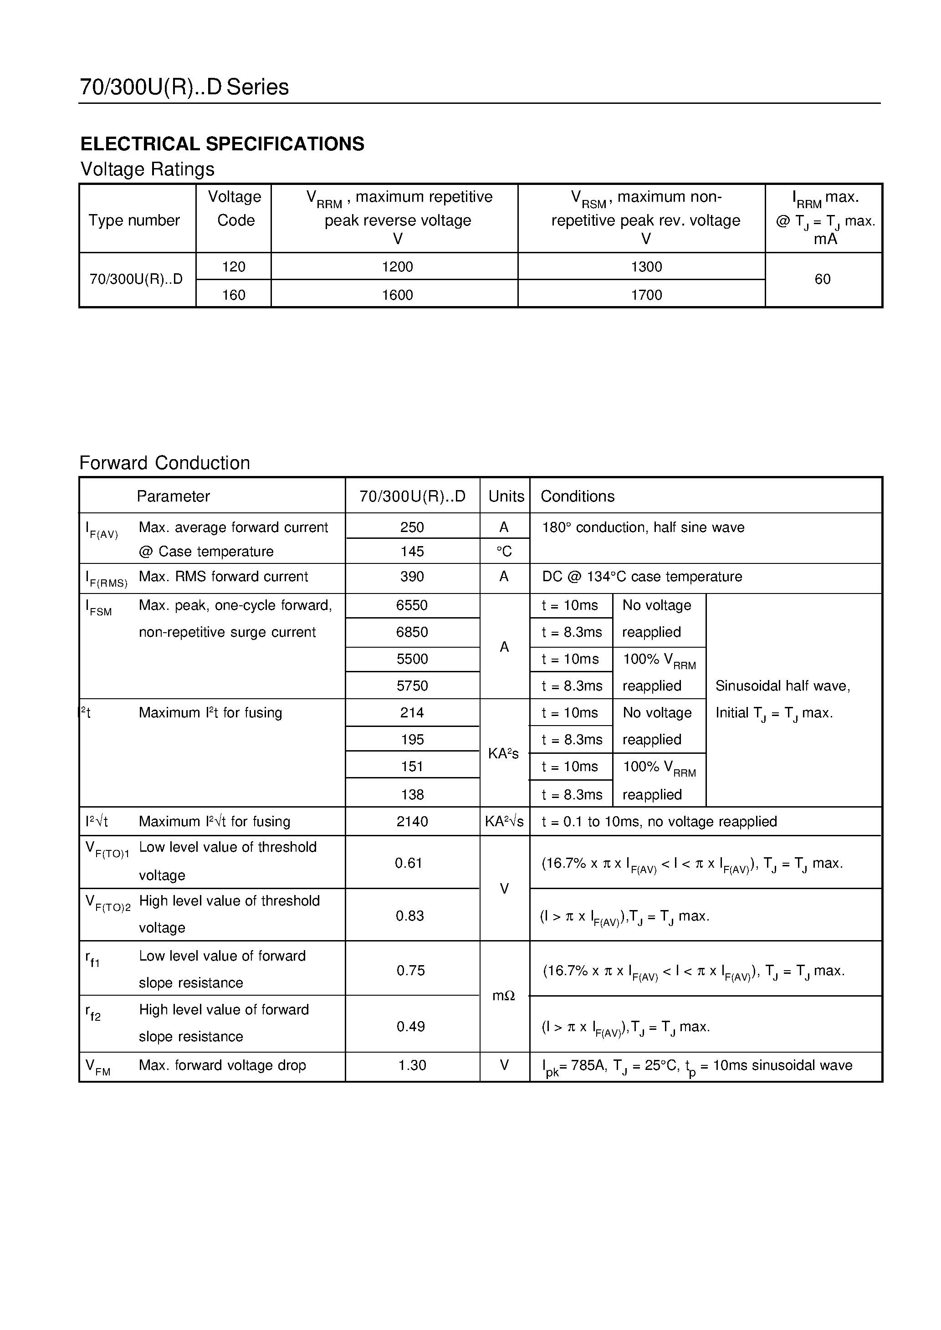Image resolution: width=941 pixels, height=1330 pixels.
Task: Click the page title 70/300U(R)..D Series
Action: [184, 87]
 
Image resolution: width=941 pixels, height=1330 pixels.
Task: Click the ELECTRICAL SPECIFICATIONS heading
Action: [222, 143]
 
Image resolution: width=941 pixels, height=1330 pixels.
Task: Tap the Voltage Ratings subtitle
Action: [147, 169]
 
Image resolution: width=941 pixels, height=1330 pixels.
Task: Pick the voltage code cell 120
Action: [234, 267]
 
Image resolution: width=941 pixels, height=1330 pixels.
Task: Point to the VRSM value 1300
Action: [646, 267]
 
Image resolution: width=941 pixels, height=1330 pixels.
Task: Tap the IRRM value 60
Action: [822, 279]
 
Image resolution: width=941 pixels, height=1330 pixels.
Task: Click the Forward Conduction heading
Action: [164, 463]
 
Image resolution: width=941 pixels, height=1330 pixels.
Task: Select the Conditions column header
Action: [577, 496]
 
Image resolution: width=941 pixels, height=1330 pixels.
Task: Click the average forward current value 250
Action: [412, 527]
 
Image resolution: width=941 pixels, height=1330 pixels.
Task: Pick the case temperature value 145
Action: [412, 552]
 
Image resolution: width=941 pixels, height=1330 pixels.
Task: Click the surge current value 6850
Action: [412, 632]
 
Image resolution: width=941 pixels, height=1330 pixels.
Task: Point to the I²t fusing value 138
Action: [412, 794]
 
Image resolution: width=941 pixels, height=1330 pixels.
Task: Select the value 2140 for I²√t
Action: [412, 821]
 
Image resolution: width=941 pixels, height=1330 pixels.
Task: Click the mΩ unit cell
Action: [504, 996]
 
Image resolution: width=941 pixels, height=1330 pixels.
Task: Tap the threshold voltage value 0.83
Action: [409, 916]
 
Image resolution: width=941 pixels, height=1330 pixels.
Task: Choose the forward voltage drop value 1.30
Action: [412, 1065]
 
